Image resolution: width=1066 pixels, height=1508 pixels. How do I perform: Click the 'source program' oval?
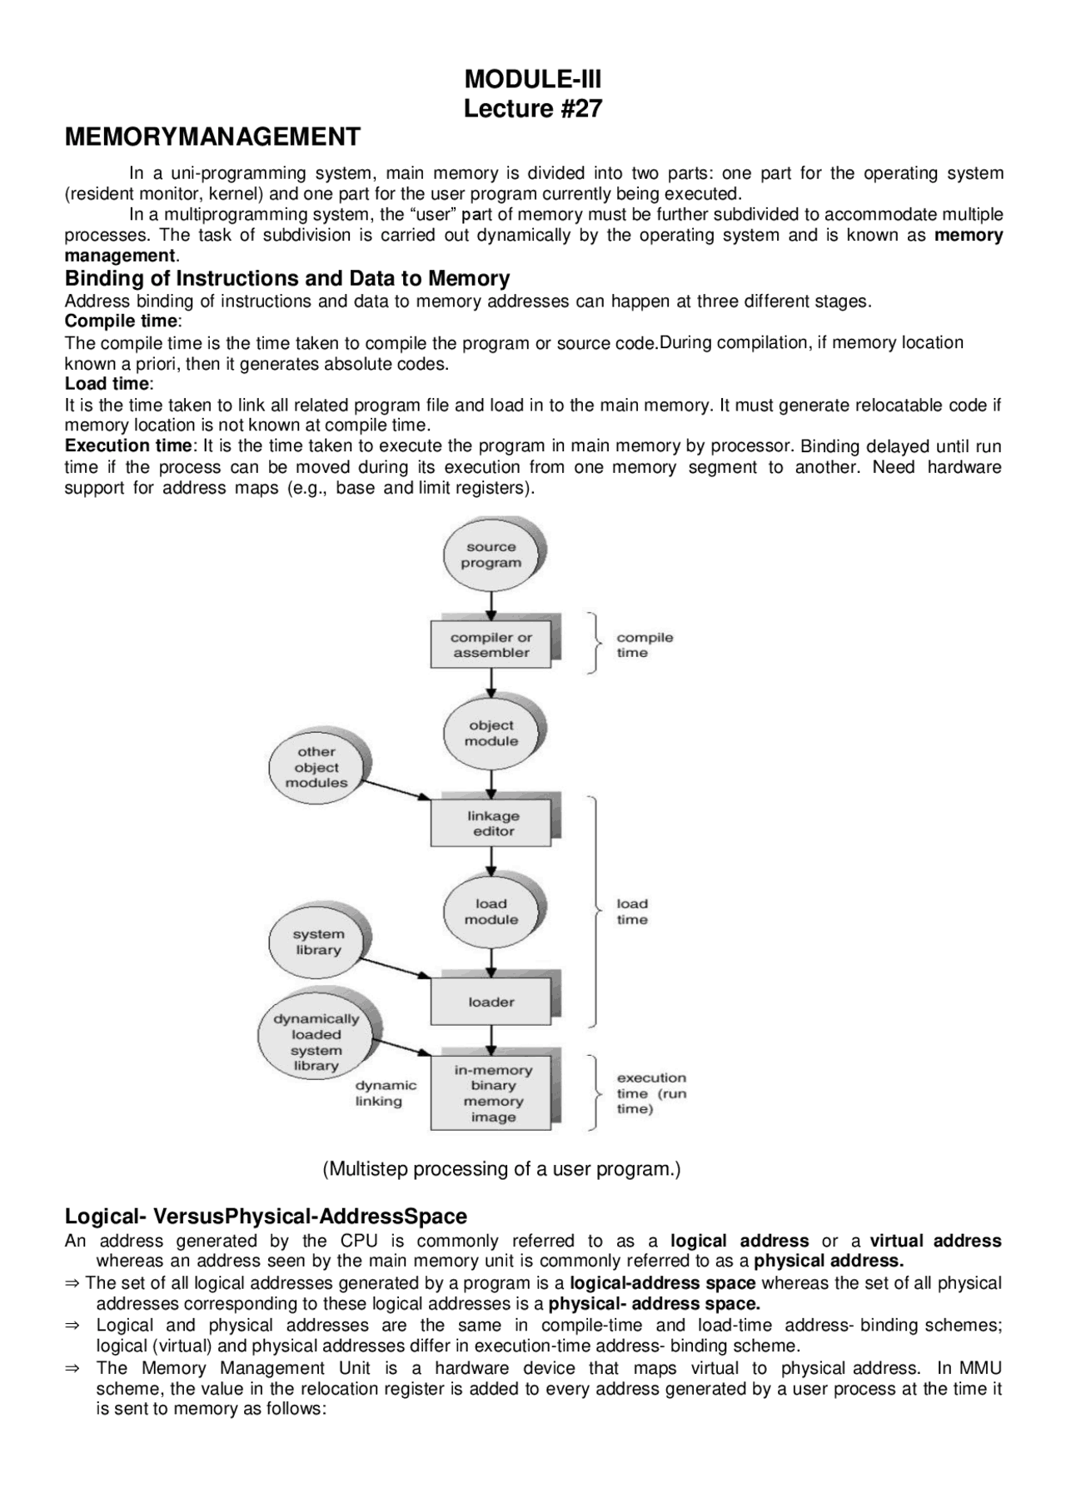[x=491, y=555]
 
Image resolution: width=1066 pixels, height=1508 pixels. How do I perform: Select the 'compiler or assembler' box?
[x=491, y=645]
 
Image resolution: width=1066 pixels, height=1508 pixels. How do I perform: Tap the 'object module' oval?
[x=491, y=733]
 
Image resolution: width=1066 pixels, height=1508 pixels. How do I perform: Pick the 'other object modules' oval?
[x=317, y=767]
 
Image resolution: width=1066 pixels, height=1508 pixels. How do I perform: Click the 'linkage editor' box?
[x=493, y=824]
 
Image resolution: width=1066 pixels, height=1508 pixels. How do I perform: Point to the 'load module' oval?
[x=491, y=911]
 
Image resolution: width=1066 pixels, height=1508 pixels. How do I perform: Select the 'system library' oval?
[x=318, y=942]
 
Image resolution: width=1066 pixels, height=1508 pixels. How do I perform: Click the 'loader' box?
[x=491, y=1002]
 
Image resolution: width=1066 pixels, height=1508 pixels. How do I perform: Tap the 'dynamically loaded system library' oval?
[x=316, y=1042]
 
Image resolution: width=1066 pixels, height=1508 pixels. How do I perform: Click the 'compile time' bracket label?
[x=644, y=645]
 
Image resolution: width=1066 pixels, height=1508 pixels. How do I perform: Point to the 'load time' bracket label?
[x=632, y=911]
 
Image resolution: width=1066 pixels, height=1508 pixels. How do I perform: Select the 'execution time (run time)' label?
[x=651, y=1092]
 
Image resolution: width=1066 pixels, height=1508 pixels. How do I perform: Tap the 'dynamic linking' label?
[x=386, y=1092]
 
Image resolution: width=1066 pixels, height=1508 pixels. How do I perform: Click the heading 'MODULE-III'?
[x=532, y=80]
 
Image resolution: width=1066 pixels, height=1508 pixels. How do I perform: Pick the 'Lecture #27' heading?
[x=532, y=109]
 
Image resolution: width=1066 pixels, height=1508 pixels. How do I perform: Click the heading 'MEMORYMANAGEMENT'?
[x=212, y=137]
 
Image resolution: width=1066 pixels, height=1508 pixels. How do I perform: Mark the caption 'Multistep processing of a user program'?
[x=501, y=1168]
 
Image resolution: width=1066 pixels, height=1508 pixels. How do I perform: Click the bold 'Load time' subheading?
[x=107, y=384]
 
